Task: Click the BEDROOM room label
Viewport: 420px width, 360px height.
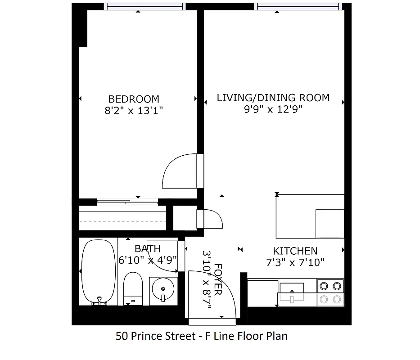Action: point(134,99)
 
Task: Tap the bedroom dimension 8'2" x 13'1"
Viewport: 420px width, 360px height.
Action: point(134,111)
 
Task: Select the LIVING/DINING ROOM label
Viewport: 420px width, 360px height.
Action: point(273,98)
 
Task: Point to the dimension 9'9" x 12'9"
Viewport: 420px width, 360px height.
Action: point(273,109)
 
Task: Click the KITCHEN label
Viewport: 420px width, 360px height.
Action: point(295,251)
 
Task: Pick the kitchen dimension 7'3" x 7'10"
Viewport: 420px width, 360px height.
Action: point(295,262)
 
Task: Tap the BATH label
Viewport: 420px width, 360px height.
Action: point(147,248)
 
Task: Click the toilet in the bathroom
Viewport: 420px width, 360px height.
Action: point(133,288)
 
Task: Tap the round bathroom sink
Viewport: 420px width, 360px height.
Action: point(163,288)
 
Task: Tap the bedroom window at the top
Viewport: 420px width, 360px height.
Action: point(145,6)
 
